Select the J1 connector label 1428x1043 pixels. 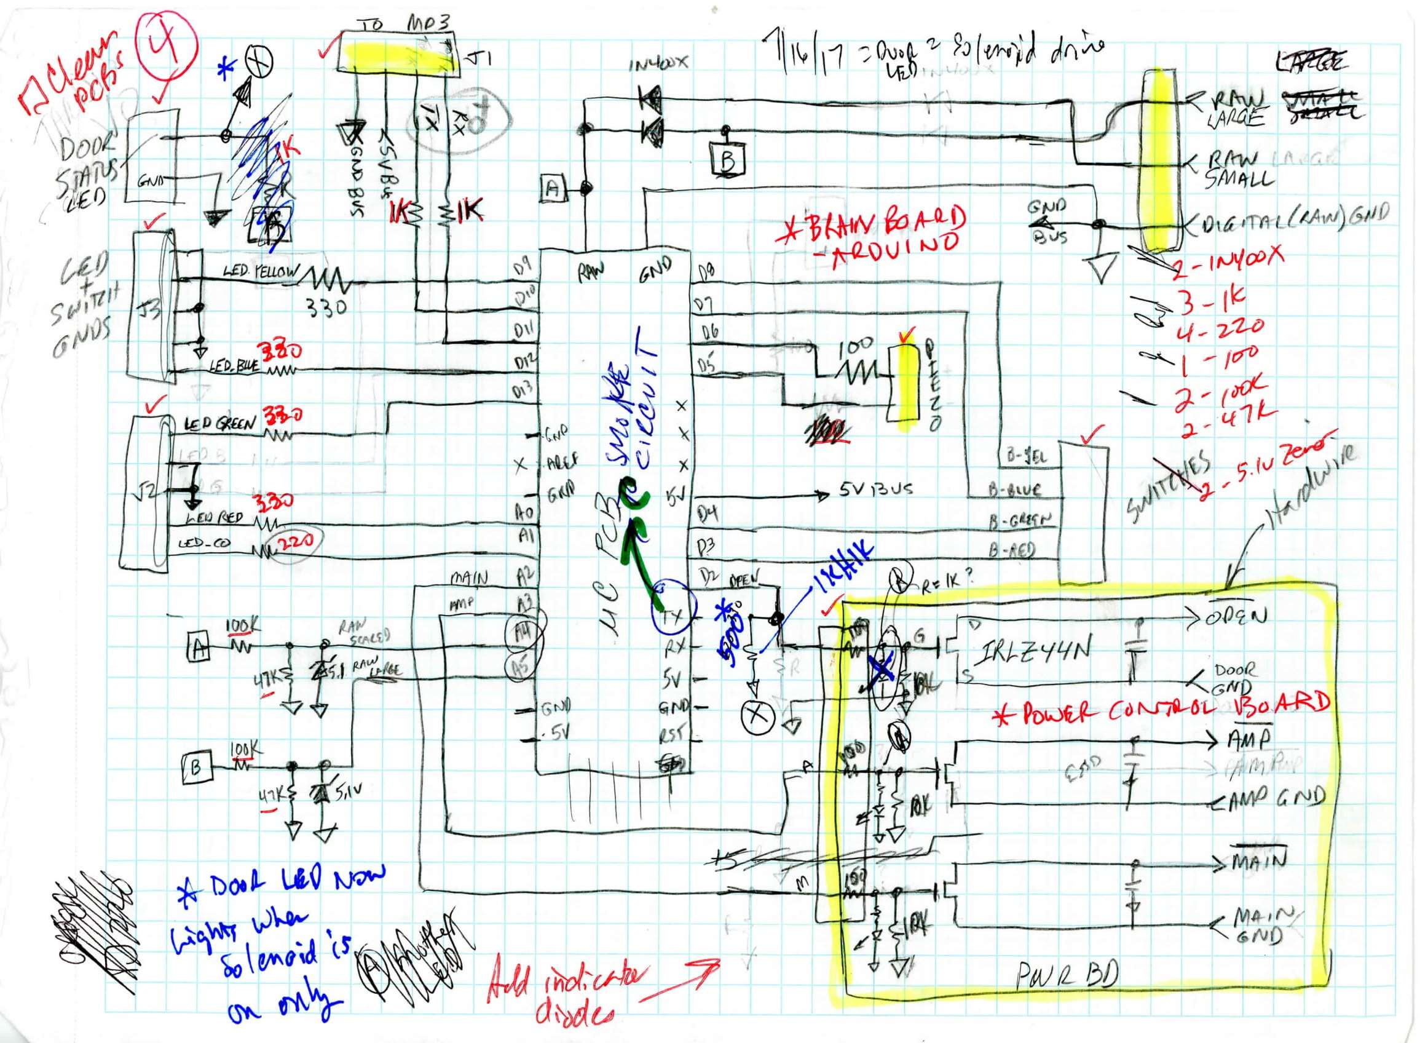tap(479, 60)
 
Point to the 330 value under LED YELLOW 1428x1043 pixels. tap(326, 308)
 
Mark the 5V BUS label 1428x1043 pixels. tap(877, 490)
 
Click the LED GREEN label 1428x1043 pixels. tap(220, 424)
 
